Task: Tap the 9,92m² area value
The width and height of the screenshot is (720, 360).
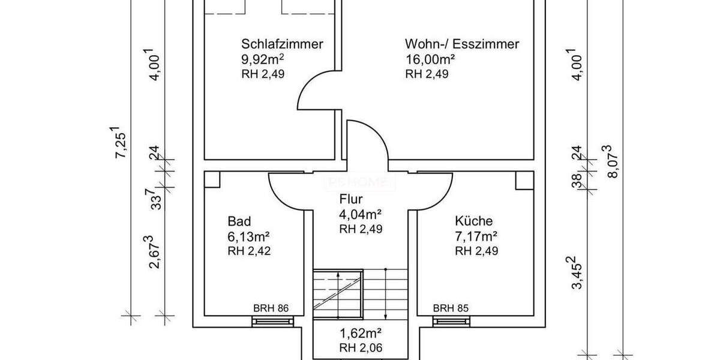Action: tap(263, 59)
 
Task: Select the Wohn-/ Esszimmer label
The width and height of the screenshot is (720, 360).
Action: tap(461, 44)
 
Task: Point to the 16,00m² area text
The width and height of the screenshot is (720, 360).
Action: tap(430, 59)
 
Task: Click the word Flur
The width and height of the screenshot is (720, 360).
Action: tap(351, 200)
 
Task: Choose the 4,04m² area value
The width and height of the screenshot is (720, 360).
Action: tap(361, 214)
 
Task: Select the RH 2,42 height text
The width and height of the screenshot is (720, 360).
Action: tap(249, 251)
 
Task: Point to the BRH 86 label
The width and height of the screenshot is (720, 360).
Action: tap(271, 308)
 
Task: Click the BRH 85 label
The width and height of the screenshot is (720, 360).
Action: tap(451, 308)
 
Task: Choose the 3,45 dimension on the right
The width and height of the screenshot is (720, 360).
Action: tap(576, 273)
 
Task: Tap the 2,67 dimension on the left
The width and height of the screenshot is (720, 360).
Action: tap(155, 252)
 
